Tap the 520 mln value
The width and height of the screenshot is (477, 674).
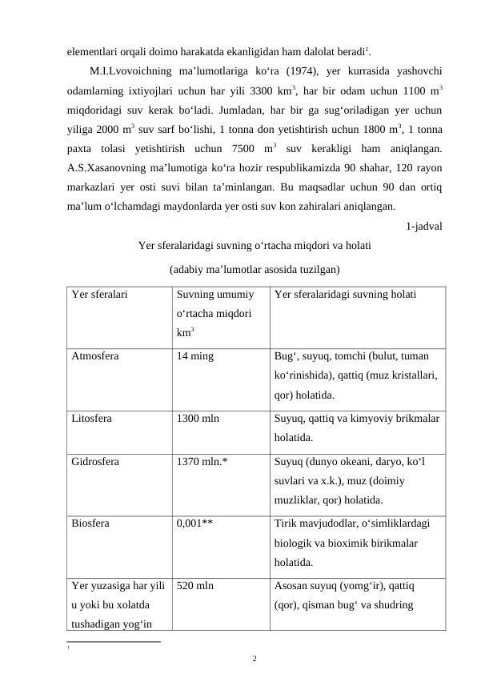(x=194, y=586)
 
